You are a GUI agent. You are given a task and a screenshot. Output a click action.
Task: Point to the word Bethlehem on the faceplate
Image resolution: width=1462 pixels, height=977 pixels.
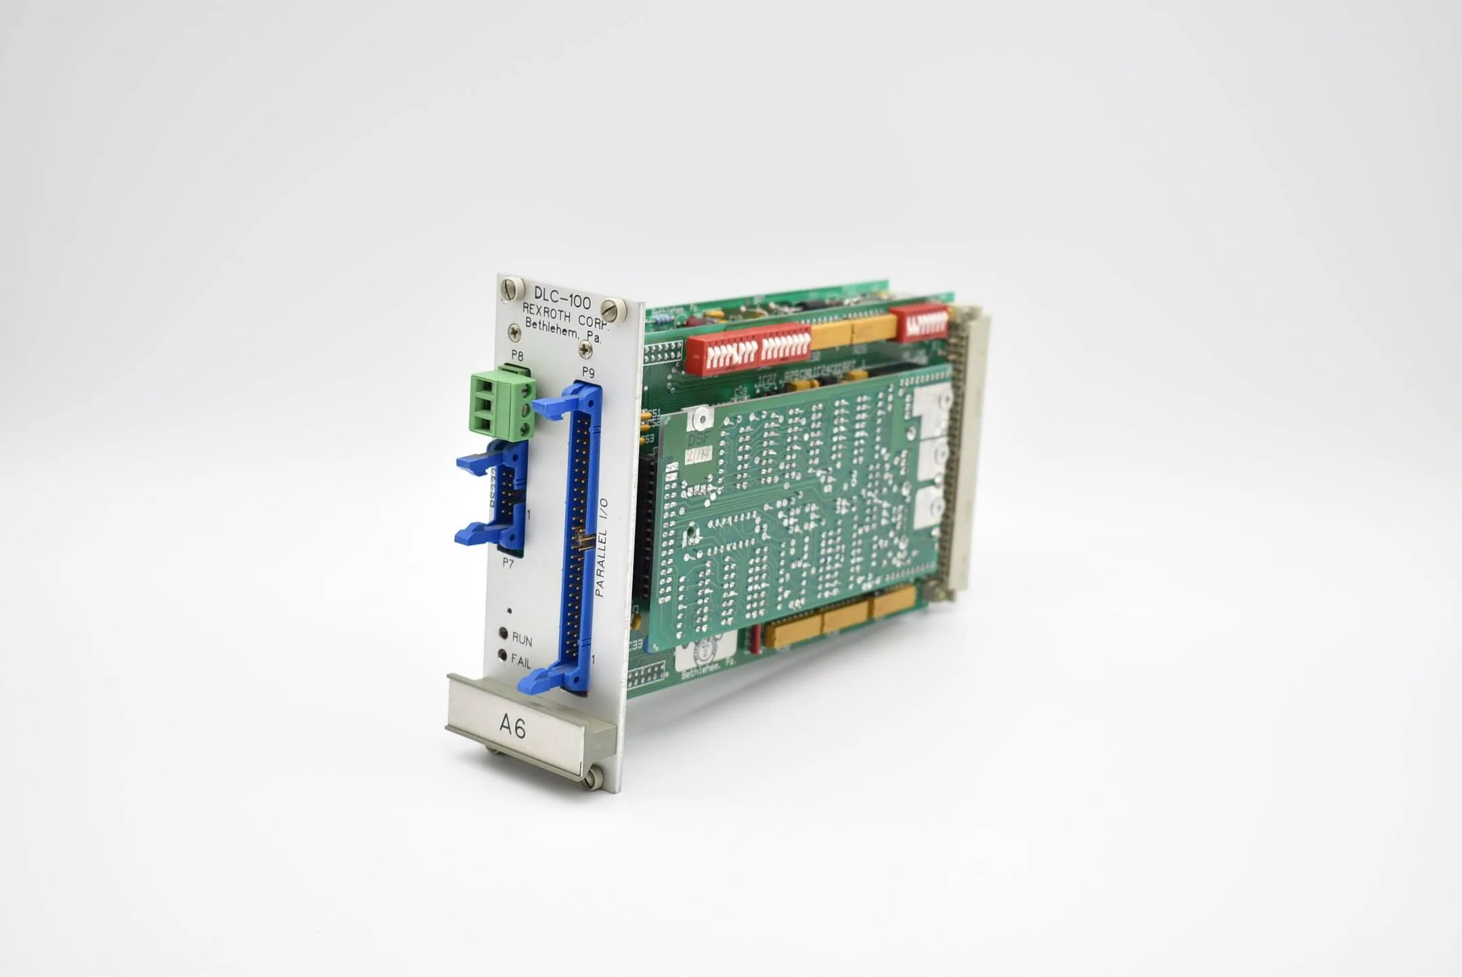[x=554, y=330]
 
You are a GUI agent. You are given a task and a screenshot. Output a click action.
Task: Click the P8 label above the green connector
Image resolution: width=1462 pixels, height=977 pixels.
[x=517, y=355]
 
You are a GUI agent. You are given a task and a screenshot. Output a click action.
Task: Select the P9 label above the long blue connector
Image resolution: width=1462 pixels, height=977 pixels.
[x=588, y=372]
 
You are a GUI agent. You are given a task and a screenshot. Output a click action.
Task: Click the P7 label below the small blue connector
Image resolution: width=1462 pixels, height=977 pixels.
[x=508, y=562]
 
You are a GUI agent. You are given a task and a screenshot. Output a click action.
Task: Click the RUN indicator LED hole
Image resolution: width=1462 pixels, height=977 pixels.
[x=504, y=633]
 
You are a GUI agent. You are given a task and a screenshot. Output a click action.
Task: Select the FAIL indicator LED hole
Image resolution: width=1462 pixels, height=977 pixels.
[x=502, y=655]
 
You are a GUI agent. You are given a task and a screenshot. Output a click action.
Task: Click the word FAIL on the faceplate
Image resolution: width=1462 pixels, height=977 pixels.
[x=521, y=660]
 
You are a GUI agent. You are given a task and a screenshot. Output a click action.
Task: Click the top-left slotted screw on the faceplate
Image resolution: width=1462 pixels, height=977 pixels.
[x=512, y=289]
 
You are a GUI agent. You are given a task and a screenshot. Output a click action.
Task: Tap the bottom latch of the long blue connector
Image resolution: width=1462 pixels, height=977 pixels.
[x=541, y=679]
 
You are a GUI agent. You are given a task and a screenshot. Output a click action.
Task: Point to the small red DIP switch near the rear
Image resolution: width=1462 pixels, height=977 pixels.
[x=919, y=323]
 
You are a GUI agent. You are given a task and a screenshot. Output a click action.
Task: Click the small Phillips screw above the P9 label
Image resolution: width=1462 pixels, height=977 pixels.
[x=585, y=350]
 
